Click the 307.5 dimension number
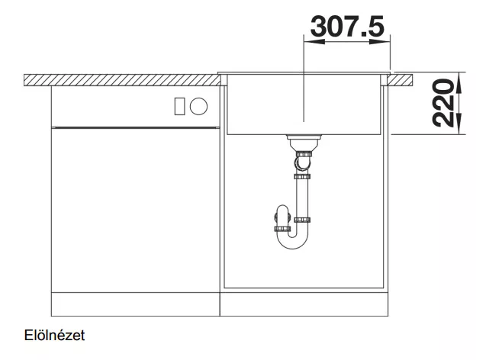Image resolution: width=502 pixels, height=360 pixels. coord(347,27)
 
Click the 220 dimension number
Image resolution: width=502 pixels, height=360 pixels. coord(443,104)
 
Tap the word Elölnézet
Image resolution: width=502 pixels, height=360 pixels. coord(54,336)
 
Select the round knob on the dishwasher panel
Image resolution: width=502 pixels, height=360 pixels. coord(198,106)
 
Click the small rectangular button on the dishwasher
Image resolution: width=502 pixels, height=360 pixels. coord(179,106)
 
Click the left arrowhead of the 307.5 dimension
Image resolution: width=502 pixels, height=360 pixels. coord(314,42)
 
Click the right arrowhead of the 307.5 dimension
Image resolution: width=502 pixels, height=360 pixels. coord(380,42)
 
